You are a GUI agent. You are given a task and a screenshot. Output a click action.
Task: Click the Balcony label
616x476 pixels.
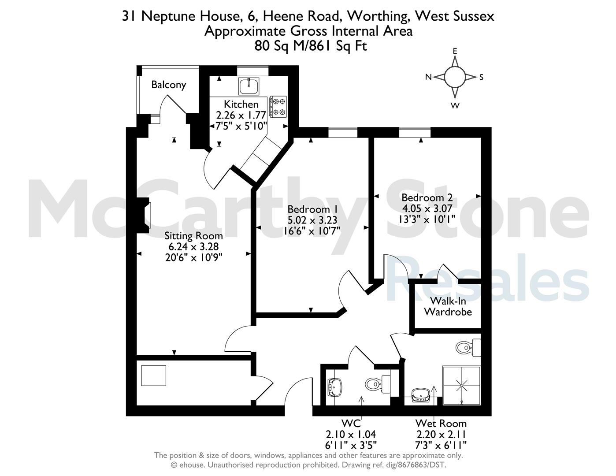tap(169, 85)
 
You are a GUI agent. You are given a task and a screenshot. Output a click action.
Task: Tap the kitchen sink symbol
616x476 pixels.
tap(249, 86)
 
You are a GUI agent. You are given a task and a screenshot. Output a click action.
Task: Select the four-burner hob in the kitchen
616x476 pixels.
tap(278, 106)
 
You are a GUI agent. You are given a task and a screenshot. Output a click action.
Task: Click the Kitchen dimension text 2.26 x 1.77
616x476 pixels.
tap(241, 115)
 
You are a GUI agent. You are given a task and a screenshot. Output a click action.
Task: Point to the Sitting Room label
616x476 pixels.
tap(193, 236)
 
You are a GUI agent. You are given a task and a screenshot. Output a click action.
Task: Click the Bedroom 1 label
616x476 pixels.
tap(313, 209)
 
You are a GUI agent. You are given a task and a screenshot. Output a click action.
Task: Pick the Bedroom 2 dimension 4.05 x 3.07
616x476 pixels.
tap(427, 208)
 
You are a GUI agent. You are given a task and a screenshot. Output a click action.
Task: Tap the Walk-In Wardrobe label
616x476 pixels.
tap(448, 306)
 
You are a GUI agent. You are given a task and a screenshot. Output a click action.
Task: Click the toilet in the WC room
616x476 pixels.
tap(378, 384)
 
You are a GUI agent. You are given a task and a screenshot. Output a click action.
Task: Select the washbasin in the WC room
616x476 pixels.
tap(335, 387)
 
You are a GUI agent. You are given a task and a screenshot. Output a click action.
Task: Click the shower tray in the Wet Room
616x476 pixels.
tap(461, 386)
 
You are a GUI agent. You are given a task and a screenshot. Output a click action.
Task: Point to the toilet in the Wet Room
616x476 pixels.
tap(468, 348)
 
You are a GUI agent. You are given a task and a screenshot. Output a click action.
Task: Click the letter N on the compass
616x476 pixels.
tap(428, 77)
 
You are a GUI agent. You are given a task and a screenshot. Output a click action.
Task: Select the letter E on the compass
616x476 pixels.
tap(455, 51)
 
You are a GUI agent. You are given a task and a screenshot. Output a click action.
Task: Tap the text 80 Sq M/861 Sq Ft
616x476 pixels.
tap(311, 46)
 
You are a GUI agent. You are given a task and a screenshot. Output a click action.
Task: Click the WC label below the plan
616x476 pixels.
tap(351, 423)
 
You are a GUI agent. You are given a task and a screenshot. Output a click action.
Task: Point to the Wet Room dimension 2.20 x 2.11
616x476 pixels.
tap(441, 434)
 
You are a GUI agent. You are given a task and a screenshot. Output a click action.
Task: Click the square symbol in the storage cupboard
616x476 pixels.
tap(154, 376)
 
